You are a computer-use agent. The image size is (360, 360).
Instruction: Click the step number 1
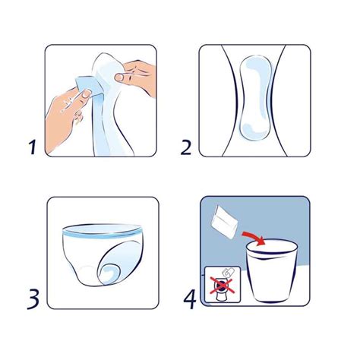coord(32,147)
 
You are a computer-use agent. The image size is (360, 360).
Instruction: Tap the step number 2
coord(186,147)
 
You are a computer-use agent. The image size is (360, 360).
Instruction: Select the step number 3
coord(33,299)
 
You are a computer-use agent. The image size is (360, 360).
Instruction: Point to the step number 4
coord(190,299)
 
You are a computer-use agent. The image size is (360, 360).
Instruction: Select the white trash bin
coord(271,270)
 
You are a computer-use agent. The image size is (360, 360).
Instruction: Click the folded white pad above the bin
coord(224,223)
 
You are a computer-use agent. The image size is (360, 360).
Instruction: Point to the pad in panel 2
coord(256,97)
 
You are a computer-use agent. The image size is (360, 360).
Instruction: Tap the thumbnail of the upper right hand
coord(119,77)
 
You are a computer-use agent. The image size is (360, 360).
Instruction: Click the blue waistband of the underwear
coord(102,231)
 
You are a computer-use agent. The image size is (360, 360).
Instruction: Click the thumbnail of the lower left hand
coord(86,93)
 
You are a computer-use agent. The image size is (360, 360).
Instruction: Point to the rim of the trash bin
coord(272,248)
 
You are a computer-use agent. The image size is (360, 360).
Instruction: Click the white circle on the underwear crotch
coord(87,274)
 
